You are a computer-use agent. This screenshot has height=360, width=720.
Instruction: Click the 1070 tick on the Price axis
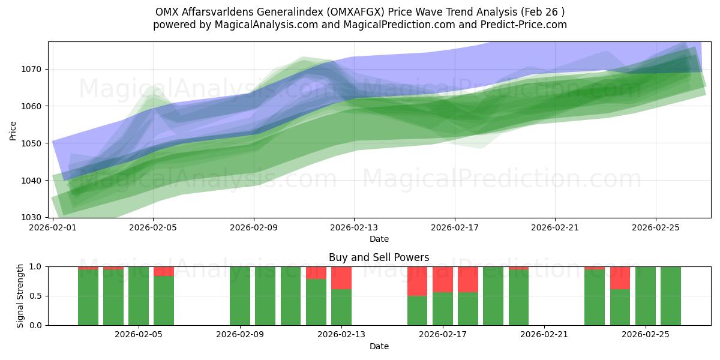34,69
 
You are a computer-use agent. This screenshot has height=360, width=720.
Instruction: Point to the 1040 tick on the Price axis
34,181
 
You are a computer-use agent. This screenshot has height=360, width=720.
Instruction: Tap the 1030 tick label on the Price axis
34,217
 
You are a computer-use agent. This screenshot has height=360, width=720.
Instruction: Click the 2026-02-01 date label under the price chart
53,228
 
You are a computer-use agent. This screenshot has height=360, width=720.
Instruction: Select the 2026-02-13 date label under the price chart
354,228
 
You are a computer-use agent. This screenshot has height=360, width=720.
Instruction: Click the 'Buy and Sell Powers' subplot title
379,257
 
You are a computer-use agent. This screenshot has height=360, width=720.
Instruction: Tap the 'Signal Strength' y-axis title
20,295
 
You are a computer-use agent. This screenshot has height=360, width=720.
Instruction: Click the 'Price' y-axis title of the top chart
13,130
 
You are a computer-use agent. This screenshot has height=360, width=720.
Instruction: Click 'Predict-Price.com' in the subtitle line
526,25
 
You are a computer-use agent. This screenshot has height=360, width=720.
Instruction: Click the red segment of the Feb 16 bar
418,281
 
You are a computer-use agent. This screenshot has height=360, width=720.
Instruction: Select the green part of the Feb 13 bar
341,307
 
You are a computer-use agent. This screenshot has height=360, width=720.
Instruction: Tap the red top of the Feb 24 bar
620,278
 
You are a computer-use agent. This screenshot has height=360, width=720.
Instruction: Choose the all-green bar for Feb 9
240,296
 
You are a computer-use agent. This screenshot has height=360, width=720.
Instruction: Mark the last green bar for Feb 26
671,296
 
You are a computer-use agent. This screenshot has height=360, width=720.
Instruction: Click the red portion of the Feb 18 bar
468,279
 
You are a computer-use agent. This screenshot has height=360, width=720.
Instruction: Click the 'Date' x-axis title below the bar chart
379,347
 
